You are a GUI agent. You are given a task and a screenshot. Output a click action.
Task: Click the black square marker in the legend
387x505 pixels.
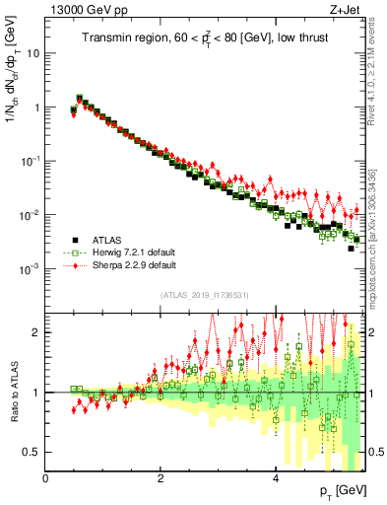[x=74, y=239]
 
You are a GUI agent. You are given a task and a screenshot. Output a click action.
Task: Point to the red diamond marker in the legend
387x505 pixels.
[x=74, y=264]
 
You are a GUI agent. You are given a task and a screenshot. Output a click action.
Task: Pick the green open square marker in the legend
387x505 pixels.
[x=74, y=252]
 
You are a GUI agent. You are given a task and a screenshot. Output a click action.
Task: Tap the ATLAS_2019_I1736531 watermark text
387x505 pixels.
[x=206, y=294]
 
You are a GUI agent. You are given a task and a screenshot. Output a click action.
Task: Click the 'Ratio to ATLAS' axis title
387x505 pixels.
[x=13, y=392]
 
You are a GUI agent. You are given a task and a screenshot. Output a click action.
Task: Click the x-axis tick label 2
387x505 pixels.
[x=161, y=478]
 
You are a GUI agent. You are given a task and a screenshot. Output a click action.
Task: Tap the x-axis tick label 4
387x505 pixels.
[x=276, y=478]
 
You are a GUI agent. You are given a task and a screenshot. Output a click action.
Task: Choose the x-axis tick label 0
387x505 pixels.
[x=46, y=478]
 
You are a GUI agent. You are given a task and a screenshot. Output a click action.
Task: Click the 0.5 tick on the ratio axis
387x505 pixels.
[x=32, y=452]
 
